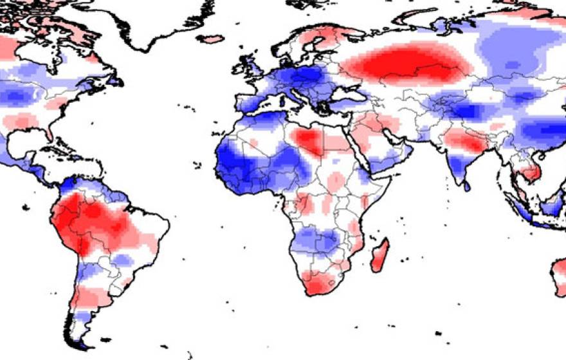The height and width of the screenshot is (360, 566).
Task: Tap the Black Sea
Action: tap(348, 96)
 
